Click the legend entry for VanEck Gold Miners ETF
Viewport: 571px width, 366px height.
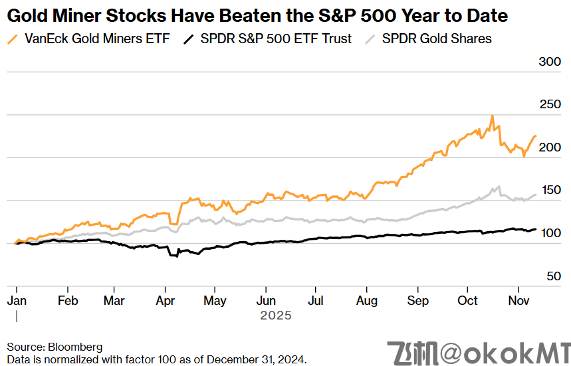click(97, 39)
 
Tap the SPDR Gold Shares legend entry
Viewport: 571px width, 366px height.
click(437, 39)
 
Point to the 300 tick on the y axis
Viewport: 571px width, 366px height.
click(549, 62)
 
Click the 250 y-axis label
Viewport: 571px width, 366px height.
click(549, 104)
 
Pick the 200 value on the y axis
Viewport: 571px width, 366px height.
click(549, 147)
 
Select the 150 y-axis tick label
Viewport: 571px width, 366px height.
click(549, 191)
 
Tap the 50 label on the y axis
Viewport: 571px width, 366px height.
click(553, 276)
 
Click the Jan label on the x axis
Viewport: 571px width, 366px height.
click(17, 300)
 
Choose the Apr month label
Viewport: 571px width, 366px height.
click(166, 300)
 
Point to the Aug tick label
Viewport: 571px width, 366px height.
click(366, 300)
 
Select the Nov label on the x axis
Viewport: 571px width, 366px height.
click(519, 300)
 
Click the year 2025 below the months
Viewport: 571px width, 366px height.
click(275, 316)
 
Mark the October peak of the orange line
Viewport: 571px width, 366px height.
click(492, 116)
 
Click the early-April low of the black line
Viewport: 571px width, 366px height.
click(177, 256)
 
